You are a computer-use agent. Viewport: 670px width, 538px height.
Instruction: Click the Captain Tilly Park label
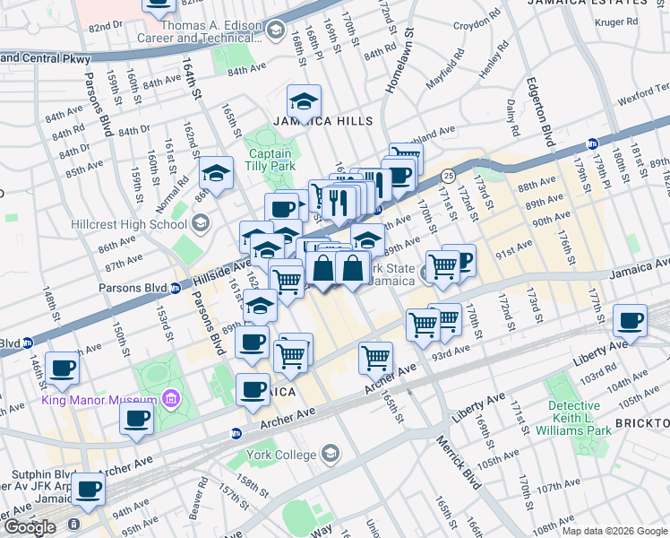click(270, 160)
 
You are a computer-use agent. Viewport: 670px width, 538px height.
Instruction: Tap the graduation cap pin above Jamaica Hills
click(304, 100)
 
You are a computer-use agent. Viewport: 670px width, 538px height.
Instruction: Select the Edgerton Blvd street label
click(545, 109)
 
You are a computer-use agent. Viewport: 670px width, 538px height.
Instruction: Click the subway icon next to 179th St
click(592, 144)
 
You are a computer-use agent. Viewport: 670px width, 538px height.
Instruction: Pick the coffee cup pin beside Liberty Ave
click(630, 320)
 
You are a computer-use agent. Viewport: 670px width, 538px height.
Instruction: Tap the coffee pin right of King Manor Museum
click(136, 417)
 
